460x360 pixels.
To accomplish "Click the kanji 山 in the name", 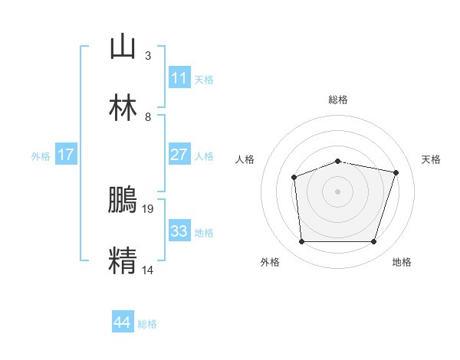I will click(x=123, y=47).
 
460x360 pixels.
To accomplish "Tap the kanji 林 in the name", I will click(x=123, y=108).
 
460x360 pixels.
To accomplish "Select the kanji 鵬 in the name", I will click(x=123, y=198).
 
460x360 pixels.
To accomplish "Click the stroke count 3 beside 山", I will click(x=147, y=56).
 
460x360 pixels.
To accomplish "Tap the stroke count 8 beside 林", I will click(x=147, y=116).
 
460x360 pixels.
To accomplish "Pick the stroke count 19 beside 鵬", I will click(x=149, y=208).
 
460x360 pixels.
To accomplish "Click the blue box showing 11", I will click(x=179, y=78).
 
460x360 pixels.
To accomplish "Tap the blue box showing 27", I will click(x=179, y=155).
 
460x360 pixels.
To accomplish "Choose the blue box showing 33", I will click(x=179, y=231).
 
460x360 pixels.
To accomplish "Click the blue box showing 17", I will click(x=66, y=155).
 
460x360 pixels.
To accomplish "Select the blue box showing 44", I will click(x=123, y=322).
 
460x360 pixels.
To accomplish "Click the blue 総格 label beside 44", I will click(x=147, y=324).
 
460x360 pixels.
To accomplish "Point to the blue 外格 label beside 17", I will click(x=41, y=156).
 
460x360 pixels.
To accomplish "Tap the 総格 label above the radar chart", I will click(x=337, y=100).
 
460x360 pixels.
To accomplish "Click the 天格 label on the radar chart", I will click(x=431, y=159).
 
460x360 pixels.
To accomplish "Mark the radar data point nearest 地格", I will click(x=373, y=242).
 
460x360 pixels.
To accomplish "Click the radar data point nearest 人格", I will click(x=294, y=178).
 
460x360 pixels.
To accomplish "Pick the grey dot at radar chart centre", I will click(x=337, y=191).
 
